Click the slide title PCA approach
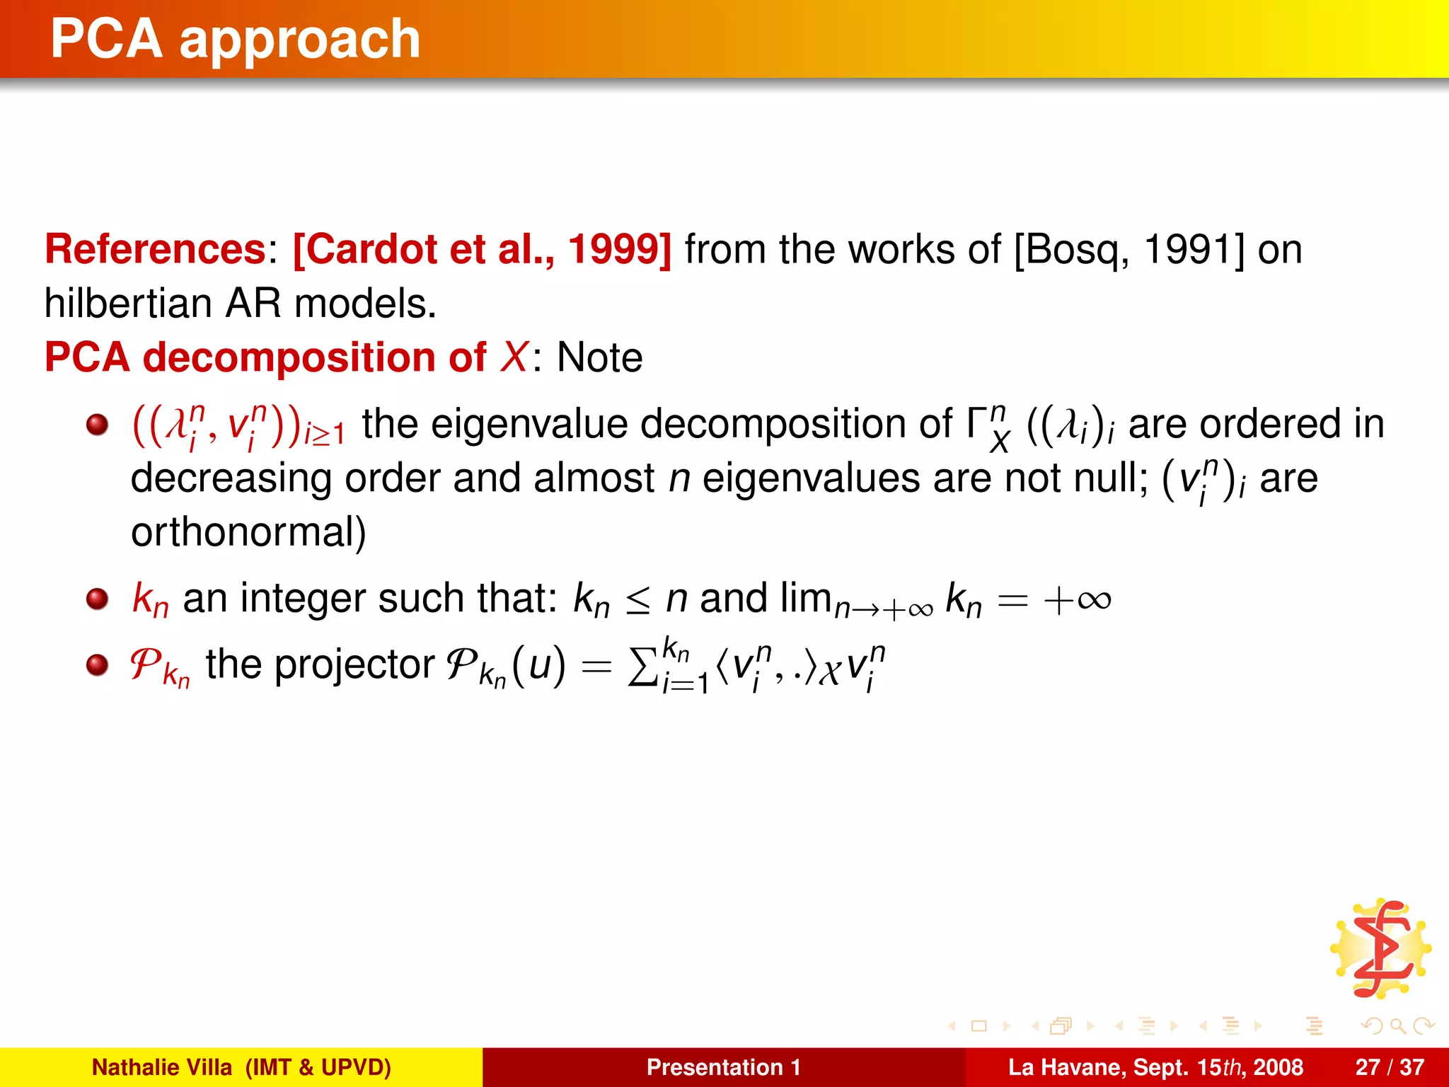pyautogui.click(x=236, y=39)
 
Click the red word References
pyautogui.click(x=155, y=249)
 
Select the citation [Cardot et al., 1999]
pyautogui.click(x=482, y=249)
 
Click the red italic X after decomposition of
pyautogui.click(x=514, y=357)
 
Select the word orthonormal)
pyautogui.click(x=248, y=532)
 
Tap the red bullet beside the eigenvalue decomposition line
pyautogui.click(x=97, y=425)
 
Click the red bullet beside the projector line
pyautogui.click(x=97, y=665)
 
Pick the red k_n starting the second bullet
pyautogui.click(x=150, y=599)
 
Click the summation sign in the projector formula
pyautogui.click(x=642, y=667)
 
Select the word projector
pyautogui.click(x=354, y=665)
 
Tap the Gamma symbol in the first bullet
pyautogui.click(x=977, y=425)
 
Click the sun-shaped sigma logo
pyautogui.click(x=1380, y=948)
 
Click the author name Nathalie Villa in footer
pyautogui.click(x=162, y=1067)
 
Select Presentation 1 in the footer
pyautogui.click(x=723, y=1067)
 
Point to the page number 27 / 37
pyautogui.click(x=1389, y=1067)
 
